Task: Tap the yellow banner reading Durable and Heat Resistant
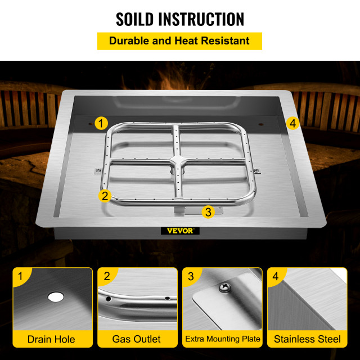[x=180, y=40]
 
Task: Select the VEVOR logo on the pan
[x=180, y=230]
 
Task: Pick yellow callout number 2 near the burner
[x=105, y=196]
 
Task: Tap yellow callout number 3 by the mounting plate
[x=208, y=211]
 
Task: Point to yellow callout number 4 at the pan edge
[x=292, y=123]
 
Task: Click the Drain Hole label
[x=51, y=339]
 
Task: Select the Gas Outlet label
[x=137, y=339]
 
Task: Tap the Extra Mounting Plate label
[x=223, y=339]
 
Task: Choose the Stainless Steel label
[x=307, y=339]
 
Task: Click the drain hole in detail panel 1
[x=56, y=296]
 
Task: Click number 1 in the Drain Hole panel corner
[x=20, y=276]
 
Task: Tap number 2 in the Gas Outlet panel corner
[x=106, y=276]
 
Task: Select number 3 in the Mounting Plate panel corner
[x=191, y=276]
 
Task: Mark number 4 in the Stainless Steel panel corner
[x=276, y=276]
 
